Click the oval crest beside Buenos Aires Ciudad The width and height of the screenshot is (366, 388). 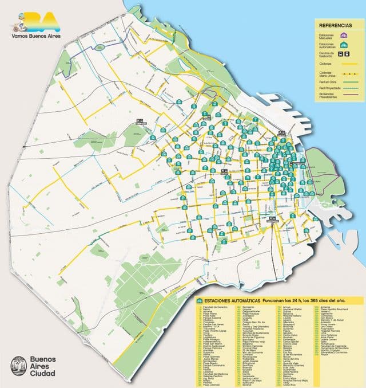point(18,366)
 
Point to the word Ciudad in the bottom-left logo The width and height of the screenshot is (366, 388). point(42,374)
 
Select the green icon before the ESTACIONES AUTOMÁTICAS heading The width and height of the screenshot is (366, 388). point(199,300)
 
